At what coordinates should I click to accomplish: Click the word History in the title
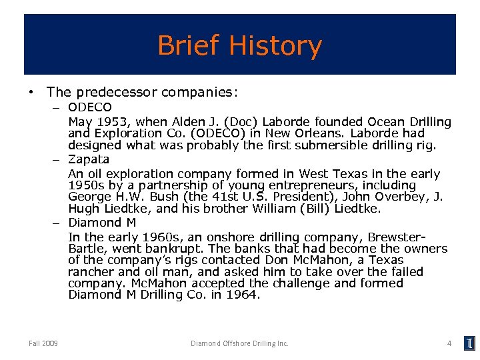pyautogui.click(x=275, y=46)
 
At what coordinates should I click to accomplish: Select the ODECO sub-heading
pyautogui.click(x=90, y=107)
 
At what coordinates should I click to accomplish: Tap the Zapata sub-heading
pyautogui.click(x=89, y=159)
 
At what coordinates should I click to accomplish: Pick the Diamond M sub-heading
pyautogui.click(x=102, y=222)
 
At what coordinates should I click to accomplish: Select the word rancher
pyautogui.click(x=91, y=271)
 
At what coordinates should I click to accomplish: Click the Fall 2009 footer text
pyautogui.click(x=43, y=343)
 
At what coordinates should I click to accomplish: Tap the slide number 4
pyautogui.click(x=449, y=343)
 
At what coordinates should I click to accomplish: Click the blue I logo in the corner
pyautogui.click(x=470, y=343)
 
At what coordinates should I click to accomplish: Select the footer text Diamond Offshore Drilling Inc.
pyautogui.click(x=239, y=343)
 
